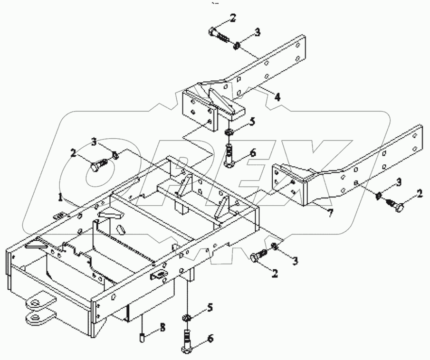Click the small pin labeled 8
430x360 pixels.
point(142,338)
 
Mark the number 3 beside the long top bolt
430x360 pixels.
point(257,32)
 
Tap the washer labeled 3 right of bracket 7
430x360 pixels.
point(379,196)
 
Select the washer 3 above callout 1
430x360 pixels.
point(115,154)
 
